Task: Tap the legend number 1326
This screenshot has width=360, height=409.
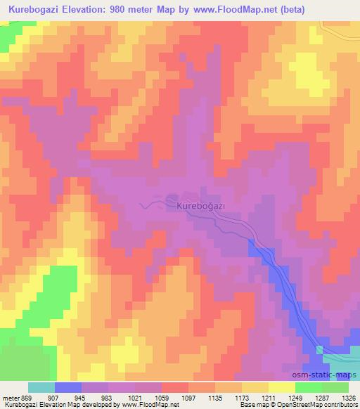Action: click(x=347, y=398)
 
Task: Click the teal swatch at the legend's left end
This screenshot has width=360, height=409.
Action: click(x=41, y=387)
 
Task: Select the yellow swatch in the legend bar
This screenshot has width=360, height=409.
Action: click(x=282, y=387)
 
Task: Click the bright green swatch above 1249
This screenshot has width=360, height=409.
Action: click(x=309, y=387)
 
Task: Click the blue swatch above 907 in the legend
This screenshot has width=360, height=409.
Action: click(x=68, y=387)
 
